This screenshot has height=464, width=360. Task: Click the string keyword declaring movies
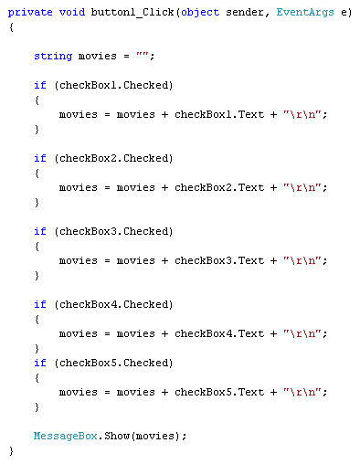point(52,56)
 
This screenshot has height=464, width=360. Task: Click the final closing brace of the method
point(11,450)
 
